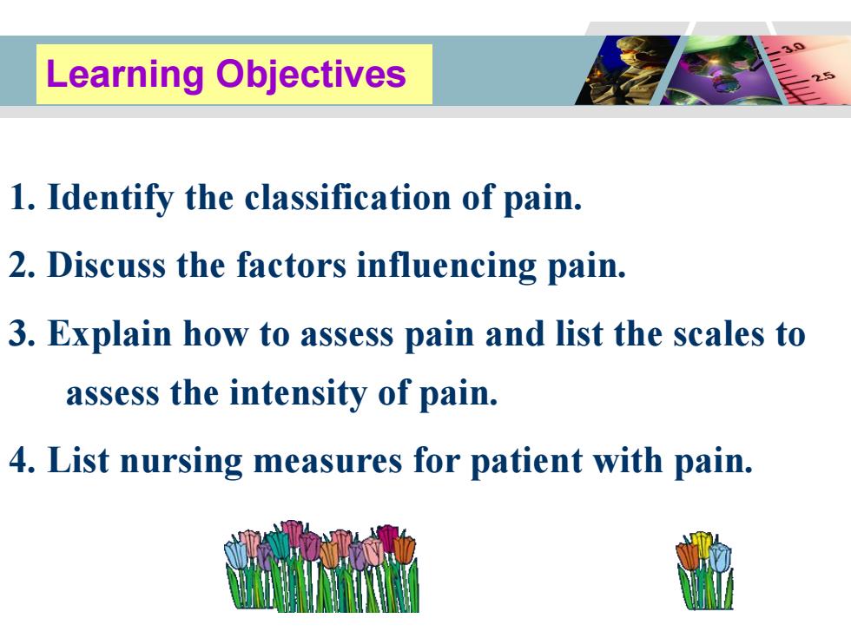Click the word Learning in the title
tap(125, 75)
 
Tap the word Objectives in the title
tap(311, 75)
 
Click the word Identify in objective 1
tap(110, 198)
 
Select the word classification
tap(347, 197)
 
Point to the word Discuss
tap(106, 266)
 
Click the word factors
tap(291, 266)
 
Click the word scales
tap(719, 333)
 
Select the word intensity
tap(298, 393)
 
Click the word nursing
tap(181, 462)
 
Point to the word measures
tap(327, 462)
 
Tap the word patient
tap(526, 462)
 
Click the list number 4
tap(23, 461)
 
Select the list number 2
tap(23, 266)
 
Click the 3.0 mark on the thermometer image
tap(794, 47)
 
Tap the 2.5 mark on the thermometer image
tap(824, 76)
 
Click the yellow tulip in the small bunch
tap(702, 543)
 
